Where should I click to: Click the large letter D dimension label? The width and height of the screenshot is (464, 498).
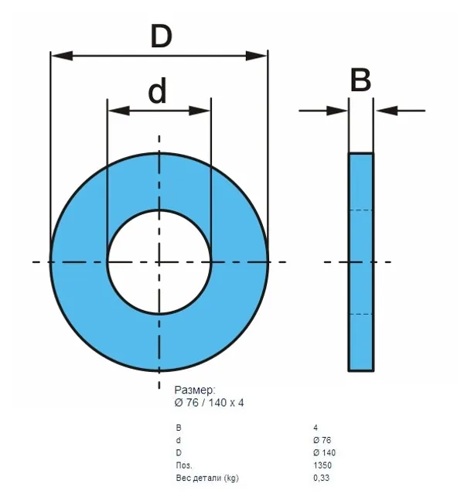click(162, 36)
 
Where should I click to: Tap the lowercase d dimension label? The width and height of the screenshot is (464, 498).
click(157, 90)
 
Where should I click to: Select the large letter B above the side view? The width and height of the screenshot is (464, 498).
click(360, 80)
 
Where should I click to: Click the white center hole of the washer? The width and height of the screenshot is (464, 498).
click(159, 262)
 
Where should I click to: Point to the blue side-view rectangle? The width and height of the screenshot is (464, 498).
click(361, 262)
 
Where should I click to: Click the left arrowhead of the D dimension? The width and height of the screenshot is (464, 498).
click(62, 56)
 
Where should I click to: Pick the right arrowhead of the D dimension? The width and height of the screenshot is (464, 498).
click(256, 56)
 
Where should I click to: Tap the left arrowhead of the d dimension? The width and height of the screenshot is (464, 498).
click(119, 111)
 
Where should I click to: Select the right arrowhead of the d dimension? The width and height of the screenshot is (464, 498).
click(200, 111)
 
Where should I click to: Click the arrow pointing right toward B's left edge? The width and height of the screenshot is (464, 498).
click(323, 111)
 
